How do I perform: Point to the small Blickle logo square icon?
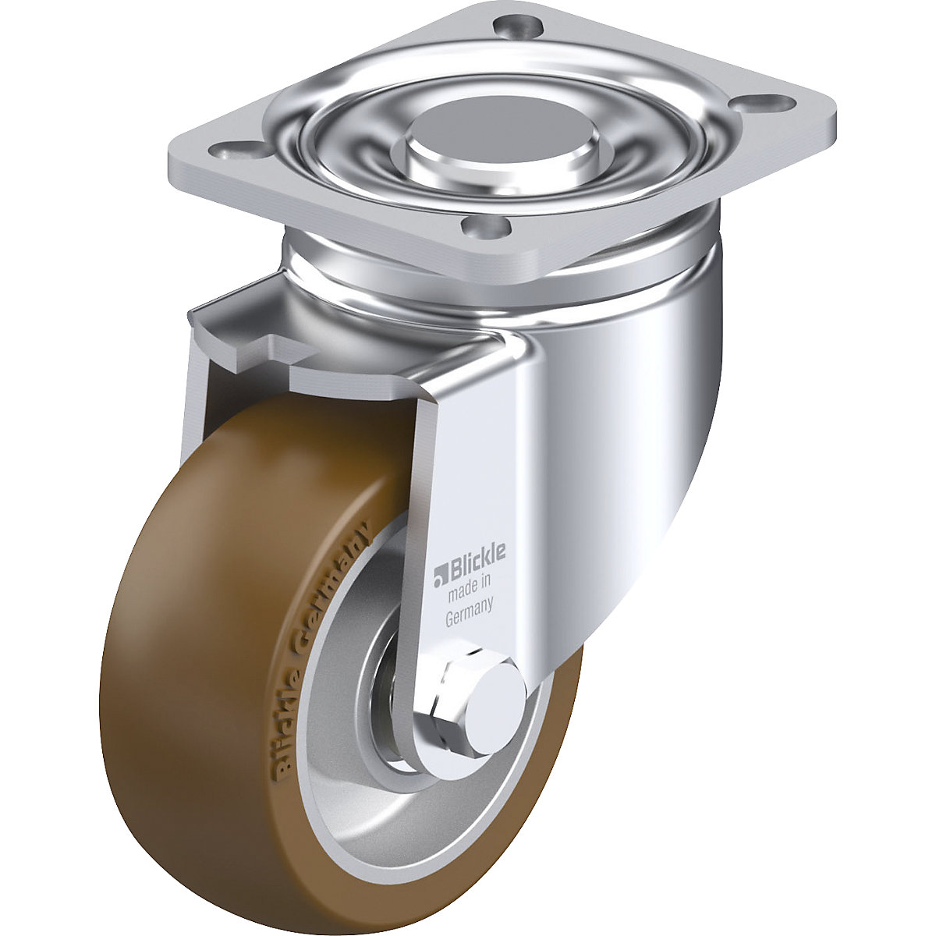[438, 575]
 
